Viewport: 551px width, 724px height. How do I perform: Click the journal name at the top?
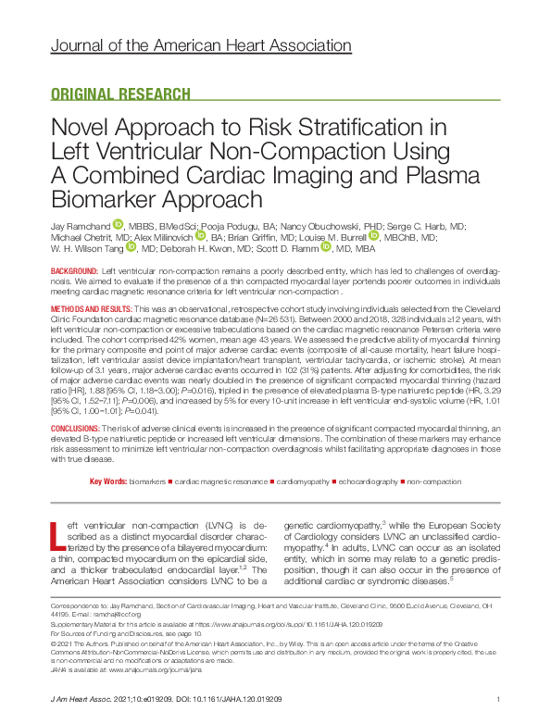[x=200, y=45]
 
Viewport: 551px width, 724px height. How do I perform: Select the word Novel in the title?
[x=80, y=130]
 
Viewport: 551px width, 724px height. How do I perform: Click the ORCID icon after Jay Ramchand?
[x=118, y=225]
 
